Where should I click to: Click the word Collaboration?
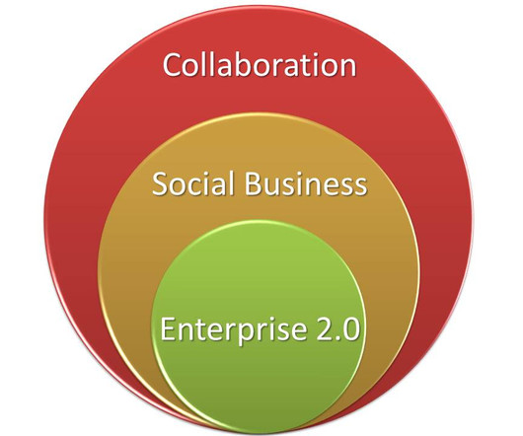(x=260, y=65)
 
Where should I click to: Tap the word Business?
(x=306, y=183)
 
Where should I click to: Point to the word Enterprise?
(x=233, y=330)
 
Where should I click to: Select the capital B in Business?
(x=254, y=183)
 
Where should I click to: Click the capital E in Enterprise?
(x=168, y=328)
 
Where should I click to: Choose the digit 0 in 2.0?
(x=351, y=329)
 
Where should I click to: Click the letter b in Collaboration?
(x=243, y=65)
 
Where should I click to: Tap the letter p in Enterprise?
(x=245, y=334)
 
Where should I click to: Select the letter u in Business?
(x=275, y=187)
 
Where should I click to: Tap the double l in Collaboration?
(x=206, y=65)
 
